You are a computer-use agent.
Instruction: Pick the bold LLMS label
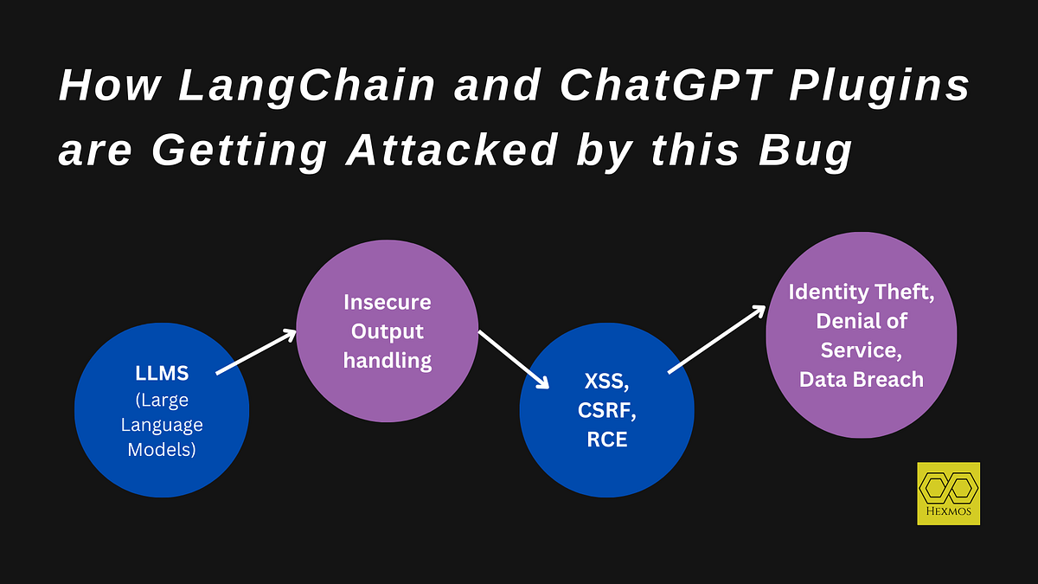click(x=162, y=375)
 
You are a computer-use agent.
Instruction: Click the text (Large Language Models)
click(x=162, y=425)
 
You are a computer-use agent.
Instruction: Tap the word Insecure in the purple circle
click(x=387, y=302)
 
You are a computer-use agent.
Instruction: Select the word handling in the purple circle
click(x=387, y=360)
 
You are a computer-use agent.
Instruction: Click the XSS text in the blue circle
click(x=605, y=382)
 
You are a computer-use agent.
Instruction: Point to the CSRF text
click(x=605, y=410)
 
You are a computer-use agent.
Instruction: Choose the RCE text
click(x=605, y=440)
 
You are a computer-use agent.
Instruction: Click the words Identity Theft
click(x=861, y=292)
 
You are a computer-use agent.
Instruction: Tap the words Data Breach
click(x=861, y=379)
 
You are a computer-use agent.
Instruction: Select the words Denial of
click(x=861, y=321)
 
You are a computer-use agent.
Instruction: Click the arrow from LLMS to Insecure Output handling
click(x=257, y=352)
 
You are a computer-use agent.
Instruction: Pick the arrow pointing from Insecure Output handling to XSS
click(x=515, y=361)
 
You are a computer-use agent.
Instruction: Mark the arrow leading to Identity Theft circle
click(x=717, y=339)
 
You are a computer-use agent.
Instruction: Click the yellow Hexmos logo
click(x=948, y=493)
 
